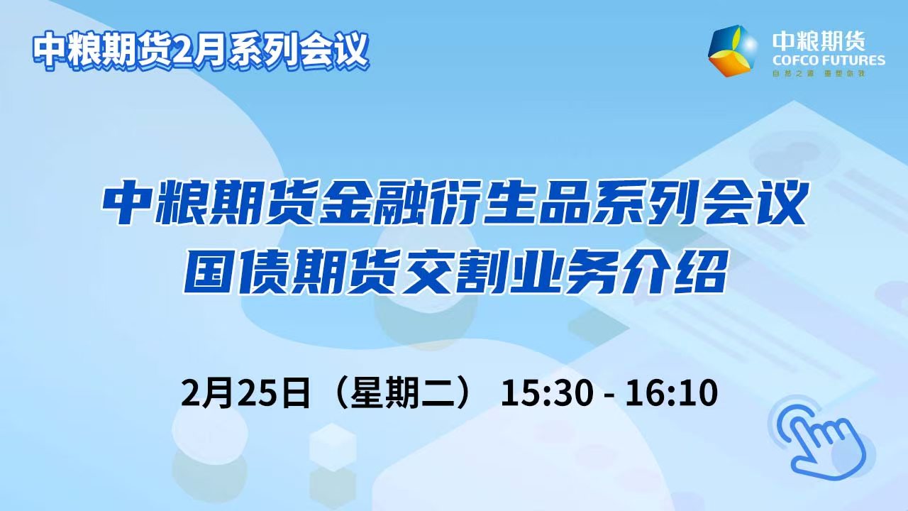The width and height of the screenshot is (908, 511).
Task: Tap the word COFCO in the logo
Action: pyautogui.click(x=793, y=61)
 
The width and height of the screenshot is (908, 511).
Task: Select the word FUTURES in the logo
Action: pyautogui.click(x=852, y=61)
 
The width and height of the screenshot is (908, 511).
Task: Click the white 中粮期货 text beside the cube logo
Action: pyautogui.click(x=819, y=41)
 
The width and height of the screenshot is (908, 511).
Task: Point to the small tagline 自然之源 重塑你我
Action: pyautogui.click(x=819, y=73)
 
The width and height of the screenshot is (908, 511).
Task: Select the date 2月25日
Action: pyautogui.click(x=245, y=392)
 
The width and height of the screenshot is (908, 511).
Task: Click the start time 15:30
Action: pyautogui.click(x=547, y=392)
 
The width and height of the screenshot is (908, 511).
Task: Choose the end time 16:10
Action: pyautogui.click(x=672, y=392)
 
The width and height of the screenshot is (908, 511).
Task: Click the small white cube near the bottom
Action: pyautogui.click(x=333, y=447)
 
